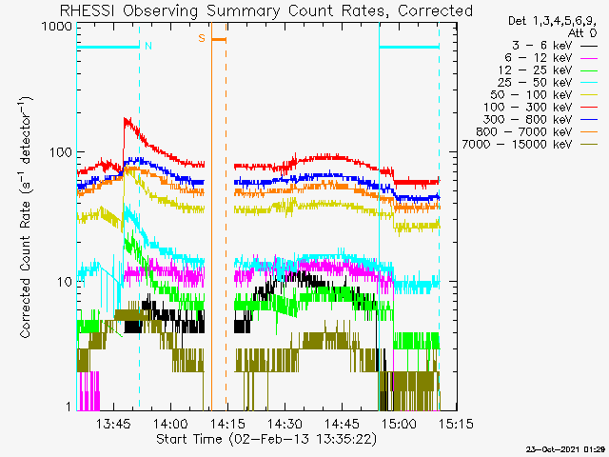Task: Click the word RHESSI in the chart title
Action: (88, 10)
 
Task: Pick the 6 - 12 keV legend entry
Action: (551, 58)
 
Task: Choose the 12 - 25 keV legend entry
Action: (548, 70)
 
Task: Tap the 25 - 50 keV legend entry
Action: (547, 83)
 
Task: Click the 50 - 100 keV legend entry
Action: (543, 95)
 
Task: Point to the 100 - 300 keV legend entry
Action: (540, 108)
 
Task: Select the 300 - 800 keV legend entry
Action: (540, 120)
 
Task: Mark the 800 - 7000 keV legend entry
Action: (537, 132)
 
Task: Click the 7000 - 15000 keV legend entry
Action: (530, 145)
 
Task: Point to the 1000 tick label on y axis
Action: (57, 27)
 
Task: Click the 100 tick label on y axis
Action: (61, 152)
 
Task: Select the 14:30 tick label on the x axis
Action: (285, 423)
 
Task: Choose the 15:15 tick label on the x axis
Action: (457, 423)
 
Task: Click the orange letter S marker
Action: (202, 38)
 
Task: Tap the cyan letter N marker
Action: (148, 46)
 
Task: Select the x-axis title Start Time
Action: (189, 439)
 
